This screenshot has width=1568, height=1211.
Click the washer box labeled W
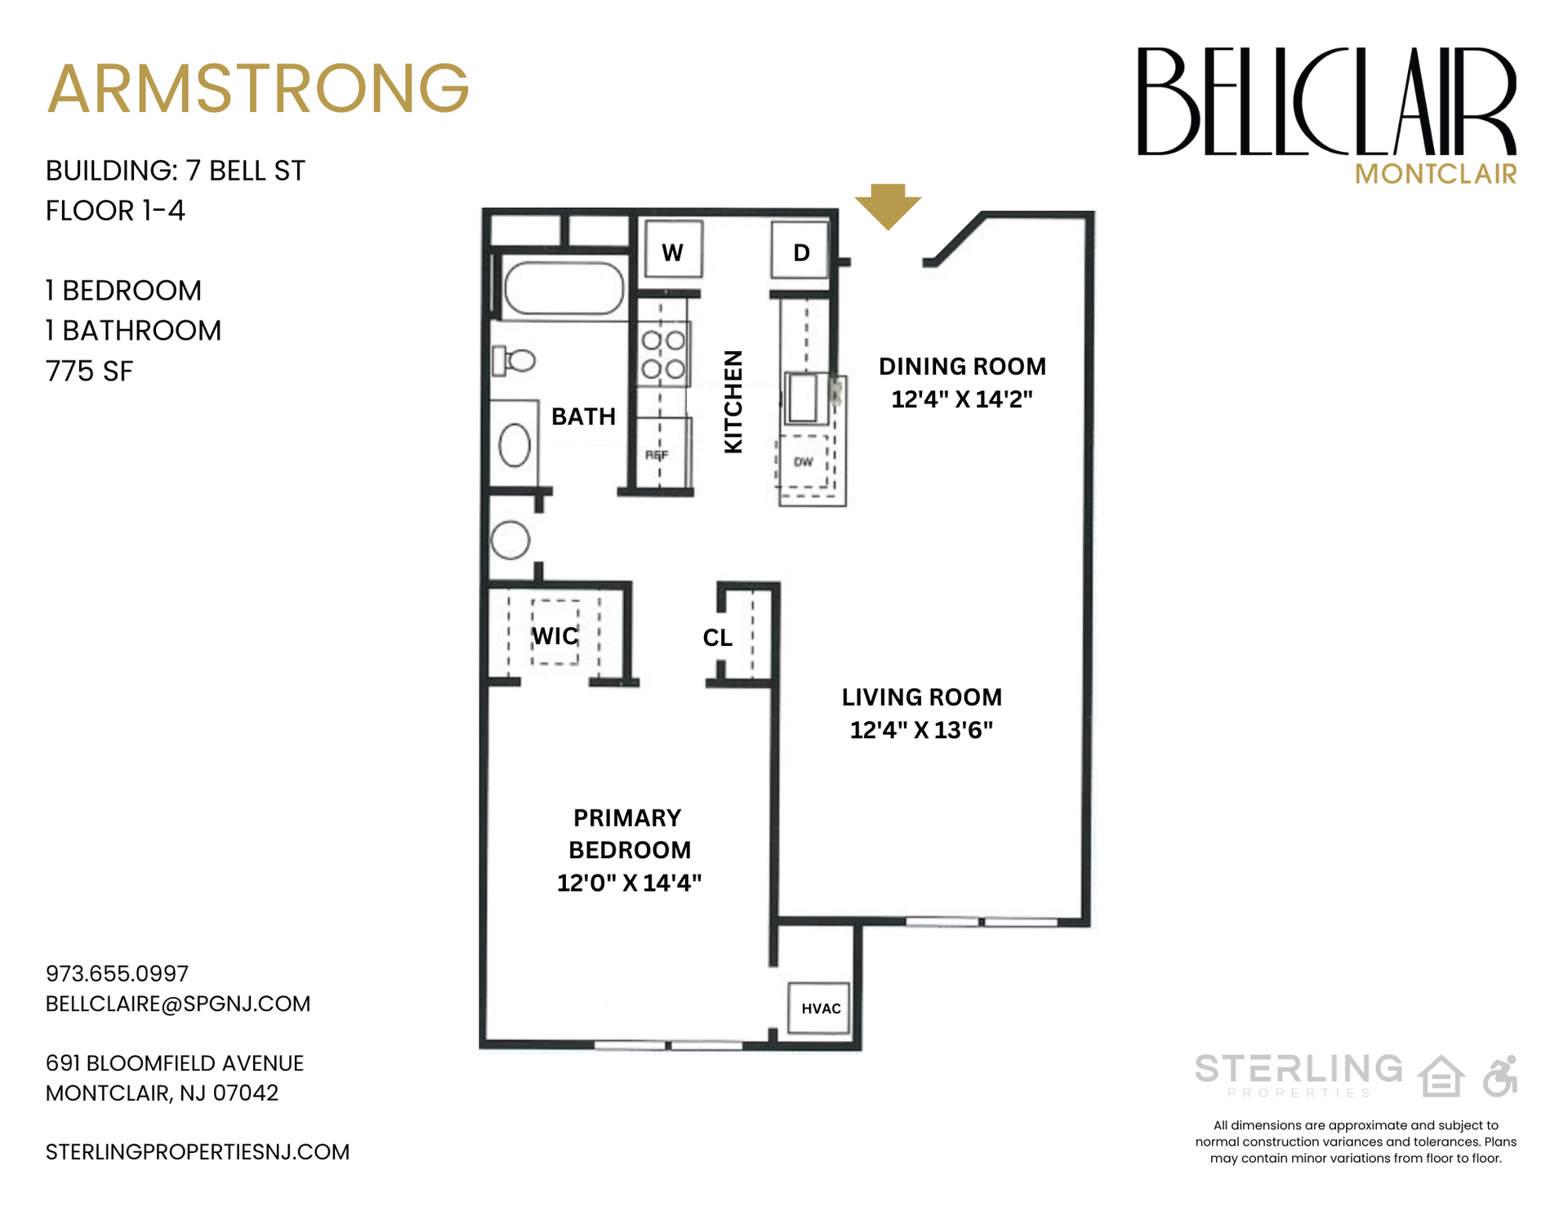[673, 251]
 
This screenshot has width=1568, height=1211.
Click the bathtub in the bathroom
[563, 288]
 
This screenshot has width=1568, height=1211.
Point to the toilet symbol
[514, 359]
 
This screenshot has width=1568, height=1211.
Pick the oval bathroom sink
[514, 445]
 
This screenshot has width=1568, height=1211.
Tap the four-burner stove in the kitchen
[663, 354]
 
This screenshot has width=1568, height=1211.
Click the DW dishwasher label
[804, 462]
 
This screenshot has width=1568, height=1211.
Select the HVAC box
[820, 1008]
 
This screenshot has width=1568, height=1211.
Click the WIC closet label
[555, 636]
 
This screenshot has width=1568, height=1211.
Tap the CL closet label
[718, 638]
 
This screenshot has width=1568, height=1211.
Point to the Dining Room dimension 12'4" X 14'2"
[961, 399]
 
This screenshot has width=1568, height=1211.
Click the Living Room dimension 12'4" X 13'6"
[921, 730]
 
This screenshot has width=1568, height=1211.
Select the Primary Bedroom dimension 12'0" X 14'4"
[629, 884]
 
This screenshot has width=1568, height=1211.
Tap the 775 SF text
[90, 372]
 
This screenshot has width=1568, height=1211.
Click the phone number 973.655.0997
[117, 973]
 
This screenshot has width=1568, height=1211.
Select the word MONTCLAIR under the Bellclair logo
[1436, 174]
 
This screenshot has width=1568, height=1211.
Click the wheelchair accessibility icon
[1500, 1075]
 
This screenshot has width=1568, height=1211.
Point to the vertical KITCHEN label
[733, 402]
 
